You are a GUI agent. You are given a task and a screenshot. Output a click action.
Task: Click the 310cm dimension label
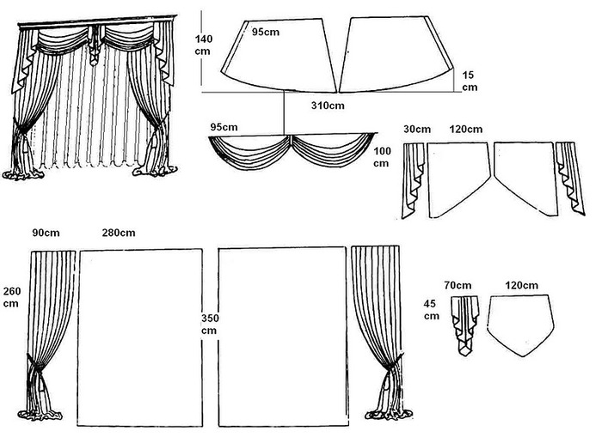(328, 106)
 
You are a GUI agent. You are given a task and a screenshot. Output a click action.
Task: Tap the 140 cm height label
(204, 45)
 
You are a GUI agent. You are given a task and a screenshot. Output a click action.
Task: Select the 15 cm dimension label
(470, 81)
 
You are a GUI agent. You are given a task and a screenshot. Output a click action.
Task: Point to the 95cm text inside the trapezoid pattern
(265, 32)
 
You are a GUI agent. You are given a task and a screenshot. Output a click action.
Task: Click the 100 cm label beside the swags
(382, 157)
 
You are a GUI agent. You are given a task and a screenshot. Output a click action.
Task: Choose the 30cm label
(417, 129)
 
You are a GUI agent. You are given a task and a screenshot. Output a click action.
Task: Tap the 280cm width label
(119, 233)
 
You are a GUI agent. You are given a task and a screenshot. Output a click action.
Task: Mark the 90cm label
(46, 233)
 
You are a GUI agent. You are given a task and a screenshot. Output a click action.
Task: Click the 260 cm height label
(12, 297)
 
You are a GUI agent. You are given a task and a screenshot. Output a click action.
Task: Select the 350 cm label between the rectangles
(210, 324)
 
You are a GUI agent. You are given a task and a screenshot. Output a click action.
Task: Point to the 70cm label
(458, 285)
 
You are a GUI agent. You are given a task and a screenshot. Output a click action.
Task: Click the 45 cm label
(432, 310)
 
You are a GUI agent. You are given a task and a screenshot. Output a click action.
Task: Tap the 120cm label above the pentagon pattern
(521, 285)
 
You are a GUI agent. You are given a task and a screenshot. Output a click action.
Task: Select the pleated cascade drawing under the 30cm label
(413, 180)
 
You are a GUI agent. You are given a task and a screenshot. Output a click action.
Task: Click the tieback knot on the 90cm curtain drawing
(35, 369)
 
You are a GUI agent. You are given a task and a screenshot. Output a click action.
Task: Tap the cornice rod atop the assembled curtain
(97, 21)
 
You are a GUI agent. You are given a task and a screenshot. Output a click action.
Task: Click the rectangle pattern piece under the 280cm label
(140, 337)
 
